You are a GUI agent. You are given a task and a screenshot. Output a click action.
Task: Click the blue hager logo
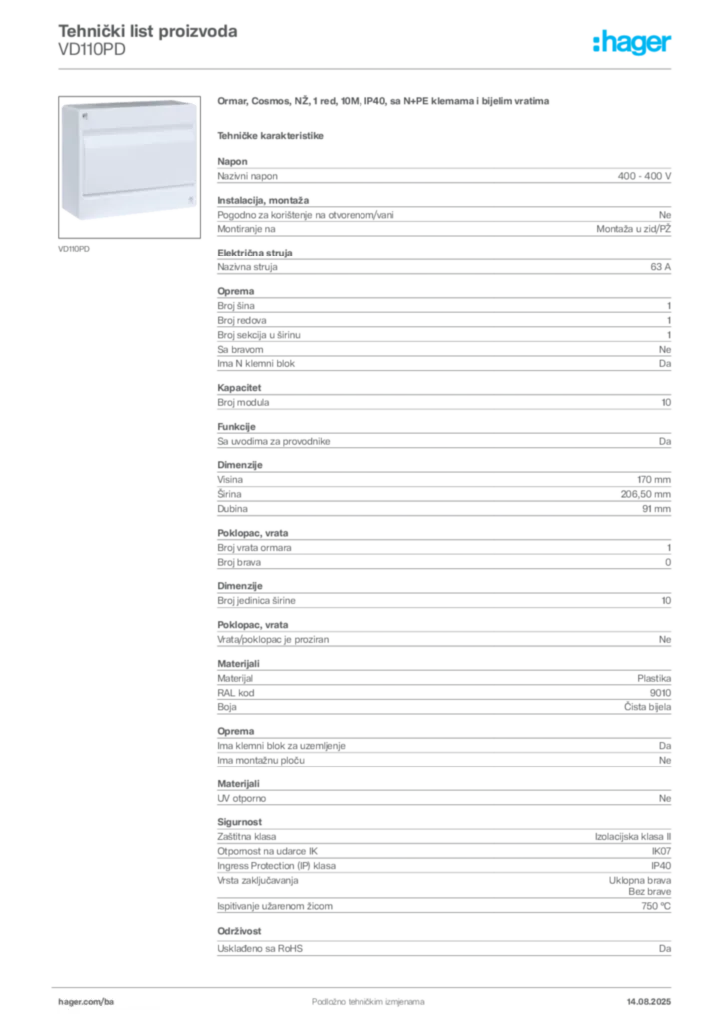[x=634, y=44]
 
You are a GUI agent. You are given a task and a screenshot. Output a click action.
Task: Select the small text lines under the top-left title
[x=92, y=54]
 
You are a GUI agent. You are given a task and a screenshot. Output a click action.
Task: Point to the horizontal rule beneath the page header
[x=367, y=68]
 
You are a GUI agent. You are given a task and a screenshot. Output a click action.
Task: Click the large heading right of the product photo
[x=382, y=102]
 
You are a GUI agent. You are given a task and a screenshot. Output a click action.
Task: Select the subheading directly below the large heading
[x=272, y=134]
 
